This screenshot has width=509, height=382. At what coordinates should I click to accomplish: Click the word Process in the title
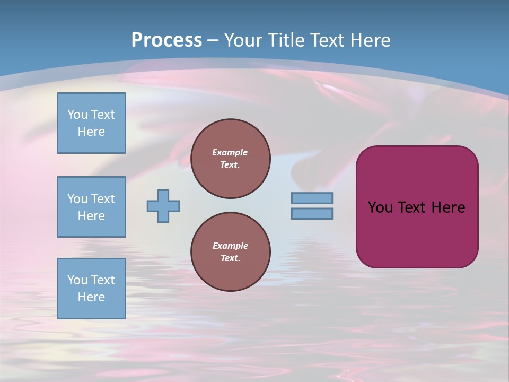click(x=166, y=40)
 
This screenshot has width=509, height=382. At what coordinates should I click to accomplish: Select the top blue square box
click(x=91, y=123)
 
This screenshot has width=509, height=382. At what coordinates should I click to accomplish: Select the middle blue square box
click(x=91, y=207)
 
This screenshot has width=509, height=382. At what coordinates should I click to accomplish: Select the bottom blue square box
click(x=91, y=289)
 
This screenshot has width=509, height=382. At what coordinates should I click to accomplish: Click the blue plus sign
click(x=163, y=206)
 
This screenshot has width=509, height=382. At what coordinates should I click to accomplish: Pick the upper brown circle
click(x=231, y=159)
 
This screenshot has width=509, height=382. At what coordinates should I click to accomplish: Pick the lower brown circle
click(x=231, y=252)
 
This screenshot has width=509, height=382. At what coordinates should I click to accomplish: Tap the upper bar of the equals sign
click(x=312, y=198)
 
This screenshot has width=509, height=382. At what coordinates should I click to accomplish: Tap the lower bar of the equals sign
click(x=312, y=213)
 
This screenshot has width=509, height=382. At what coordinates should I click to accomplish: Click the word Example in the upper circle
click(x=230, y=153)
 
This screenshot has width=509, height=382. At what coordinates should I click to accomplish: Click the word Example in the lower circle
click(x=230, y=246)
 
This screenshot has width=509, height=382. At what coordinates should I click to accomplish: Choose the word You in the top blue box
click(x=77, y=115)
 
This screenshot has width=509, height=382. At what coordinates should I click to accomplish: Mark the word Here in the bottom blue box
click(x=91, y=297)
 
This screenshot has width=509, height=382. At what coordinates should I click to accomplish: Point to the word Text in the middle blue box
click(x=103, y=199)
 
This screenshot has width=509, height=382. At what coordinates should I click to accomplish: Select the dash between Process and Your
click(x=213, y=40)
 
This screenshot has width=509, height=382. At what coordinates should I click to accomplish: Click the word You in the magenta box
click(x=380, y=207)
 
